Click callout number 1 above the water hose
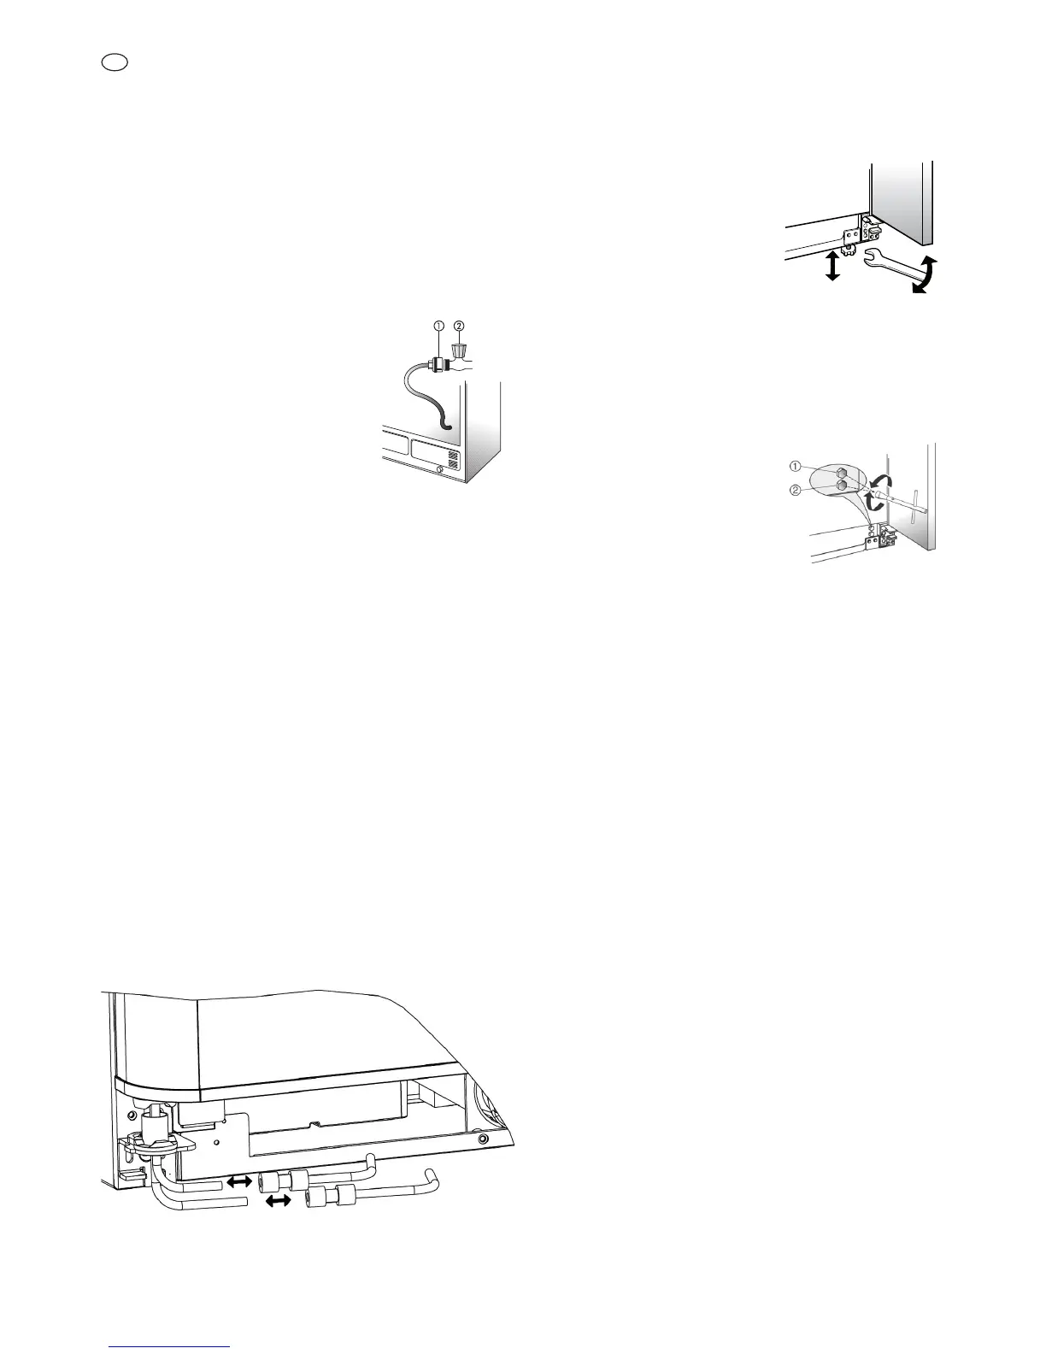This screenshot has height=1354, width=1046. click(x=438, y=326)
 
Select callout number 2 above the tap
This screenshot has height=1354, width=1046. click(x=459, y=326)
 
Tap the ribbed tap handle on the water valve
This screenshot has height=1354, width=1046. click(x=460, y=350)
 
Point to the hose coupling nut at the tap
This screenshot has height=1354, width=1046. click(x=440, y=364)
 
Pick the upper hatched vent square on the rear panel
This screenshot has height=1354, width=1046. click(x=454, y=456)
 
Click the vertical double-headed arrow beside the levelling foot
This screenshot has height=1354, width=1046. click(x=829, y=266)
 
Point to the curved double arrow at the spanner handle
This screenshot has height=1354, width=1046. click(x=924, y=275)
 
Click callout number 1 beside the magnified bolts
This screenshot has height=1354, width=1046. click(x=795, y=467)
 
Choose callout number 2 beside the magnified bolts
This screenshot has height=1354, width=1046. click(x=795, y=490)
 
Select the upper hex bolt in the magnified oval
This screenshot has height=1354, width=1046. click(x=843, y=472)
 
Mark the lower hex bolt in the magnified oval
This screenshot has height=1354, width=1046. click(x=843, y=485)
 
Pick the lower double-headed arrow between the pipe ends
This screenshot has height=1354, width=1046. click(x=276, y=1202)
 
